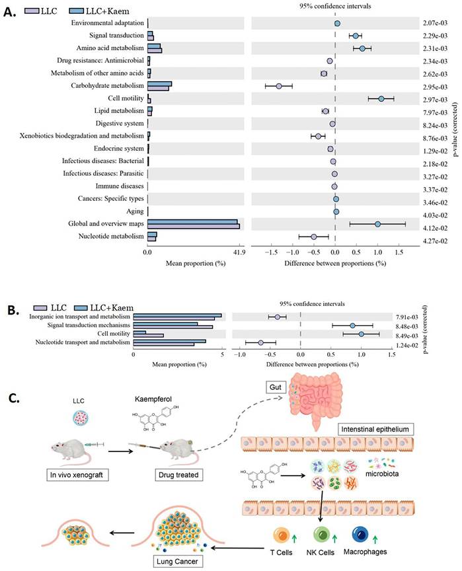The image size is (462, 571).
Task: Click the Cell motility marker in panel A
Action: click(x=381, y=98)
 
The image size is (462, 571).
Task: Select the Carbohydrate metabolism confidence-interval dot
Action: click(x=278, y=86)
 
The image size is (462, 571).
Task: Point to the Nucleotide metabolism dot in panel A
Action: click(x=314, y=236)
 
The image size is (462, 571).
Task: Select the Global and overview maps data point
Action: click(x=377, y=224)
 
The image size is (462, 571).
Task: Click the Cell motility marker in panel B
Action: click(x=361, y=334)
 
